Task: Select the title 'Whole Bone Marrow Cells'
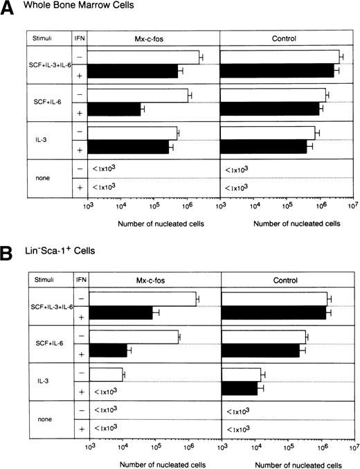(66, 10)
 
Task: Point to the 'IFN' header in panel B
(80, 281)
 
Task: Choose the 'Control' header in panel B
(286, 281)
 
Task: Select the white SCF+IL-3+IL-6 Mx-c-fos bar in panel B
(143, 299)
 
